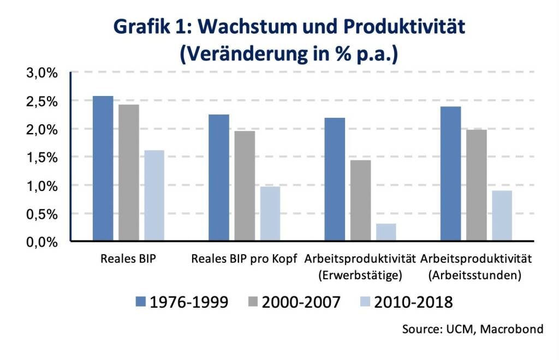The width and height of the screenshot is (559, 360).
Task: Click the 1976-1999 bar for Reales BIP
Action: coord(103,169)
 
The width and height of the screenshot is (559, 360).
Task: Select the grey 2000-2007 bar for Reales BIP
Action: coord(128,173)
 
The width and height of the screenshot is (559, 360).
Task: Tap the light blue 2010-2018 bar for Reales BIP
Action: coord(154,195)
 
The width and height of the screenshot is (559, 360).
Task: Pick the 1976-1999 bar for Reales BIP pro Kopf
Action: coord(219,178)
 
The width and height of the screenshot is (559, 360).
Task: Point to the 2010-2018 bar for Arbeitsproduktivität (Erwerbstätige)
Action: coord(386,232)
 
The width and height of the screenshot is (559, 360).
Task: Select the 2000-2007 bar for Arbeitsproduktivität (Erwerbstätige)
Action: coord(360,200)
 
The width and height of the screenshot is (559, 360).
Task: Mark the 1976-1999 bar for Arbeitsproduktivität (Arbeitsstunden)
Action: coord(450,173)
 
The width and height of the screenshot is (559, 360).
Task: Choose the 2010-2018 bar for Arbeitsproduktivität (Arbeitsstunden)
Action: coord(502,215)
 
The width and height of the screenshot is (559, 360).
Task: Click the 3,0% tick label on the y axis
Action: coord(42,73)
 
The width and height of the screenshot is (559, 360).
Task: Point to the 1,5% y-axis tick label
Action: coord(42,158)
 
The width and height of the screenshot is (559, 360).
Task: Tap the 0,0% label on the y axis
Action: coord(42,242)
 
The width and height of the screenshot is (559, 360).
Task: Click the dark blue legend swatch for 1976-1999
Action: coord(140,302)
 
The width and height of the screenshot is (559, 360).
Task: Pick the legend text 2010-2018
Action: coord(413,302)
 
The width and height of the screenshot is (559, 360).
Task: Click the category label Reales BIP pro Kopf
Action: coord(244,259)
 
